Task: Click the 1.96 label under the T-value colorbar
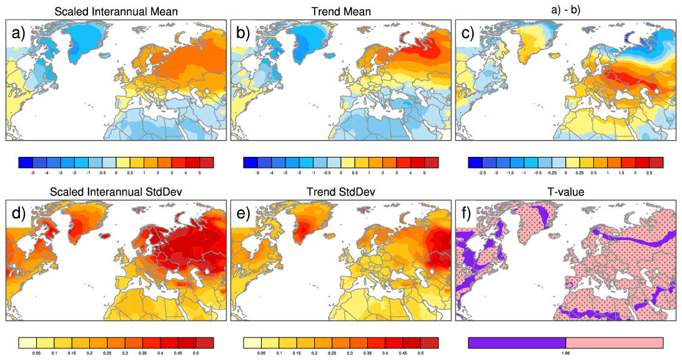tap(565, 353)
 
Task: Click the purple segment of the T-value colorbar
tap(516, 342)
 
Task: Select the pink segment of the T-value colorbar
tap(614, 342)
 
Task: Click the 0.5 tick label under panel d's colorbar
tap(196, 353)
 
